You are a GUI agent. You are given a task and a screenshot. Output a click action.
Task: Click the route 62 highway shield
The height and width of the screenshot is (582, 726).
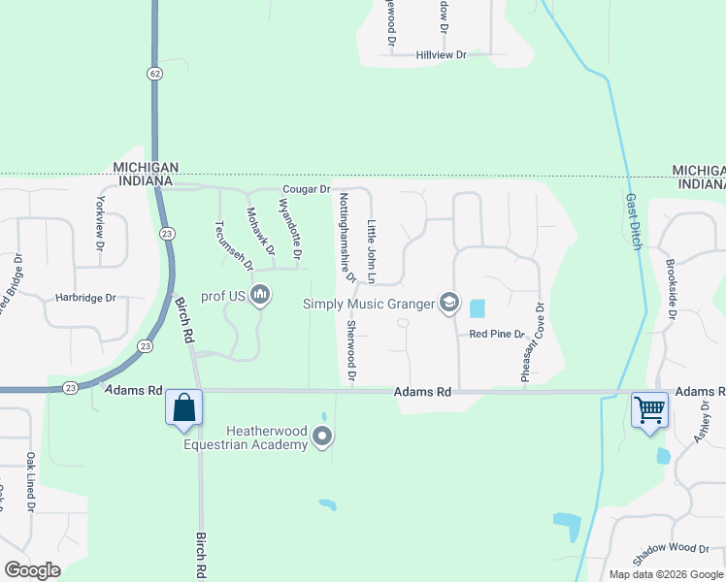pos(155,74)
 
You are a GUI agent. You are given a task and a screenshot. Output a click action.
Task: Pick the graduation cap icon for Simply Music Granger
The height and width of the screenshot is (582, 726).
pos(448,304)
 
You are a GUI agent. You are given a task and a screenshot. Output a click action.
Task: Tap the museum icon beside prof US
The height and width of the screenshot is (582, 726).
pos(259,295)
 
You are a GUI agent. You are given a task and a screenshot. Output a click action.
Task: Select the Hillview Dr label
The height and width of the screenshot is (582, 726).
pos(442,55)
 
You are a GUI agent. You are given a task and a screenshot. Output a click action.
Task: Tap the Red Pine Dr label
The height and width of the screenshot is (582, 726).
pos(490,334)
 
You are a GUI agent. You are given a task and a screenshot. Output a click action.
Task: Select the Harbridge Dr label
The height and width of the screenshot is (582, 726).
pos(85,298)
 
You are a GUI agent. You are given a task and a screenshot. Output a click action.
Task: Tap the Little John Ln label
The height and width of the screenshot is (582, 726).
pos(371,252)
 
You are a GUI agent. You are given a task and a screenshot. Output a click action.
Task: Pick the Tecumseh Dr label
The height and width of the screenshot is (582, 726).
pos(234,244)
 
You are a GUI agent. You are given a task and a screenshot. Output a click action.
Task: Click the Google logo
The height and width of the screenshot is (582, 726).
pos(32,570)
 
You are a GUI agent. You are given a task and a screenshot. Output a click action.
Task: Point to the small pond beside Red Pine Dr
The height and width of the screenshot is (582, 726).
pos(477,309)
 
